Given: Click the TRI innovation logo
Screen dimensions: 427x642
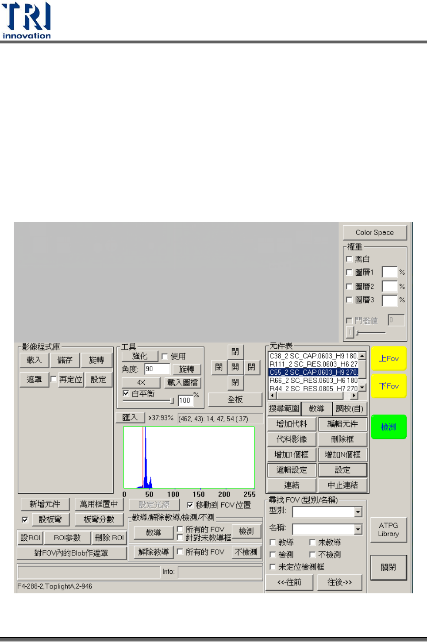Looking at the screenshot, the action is [27, 20].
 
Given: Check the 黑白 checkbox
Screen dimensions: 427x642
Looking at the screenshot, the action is [349, 259].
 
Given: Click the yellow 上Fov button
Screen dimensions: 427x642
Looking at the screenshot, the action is [389, 358].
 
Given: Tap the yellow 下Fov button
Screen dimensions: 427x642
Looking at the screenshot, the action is [389, 386].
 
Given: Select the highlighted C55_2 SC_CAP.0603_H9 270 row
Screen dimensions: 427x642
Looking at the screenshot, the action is [313, 372].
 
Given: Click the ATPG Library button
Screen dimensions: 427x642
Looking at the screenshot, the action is [388, 530].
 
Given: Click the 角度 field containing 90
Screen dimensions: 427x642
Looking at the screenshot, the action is [157, 369].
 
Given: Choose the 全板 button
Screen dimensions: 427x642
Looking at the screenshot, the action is [235, 400].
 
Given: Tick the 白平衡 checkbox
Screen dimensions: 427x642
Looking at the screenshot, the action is [126, 393].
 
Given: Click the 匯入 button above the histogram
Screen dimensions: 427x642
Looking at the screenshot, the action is [130, 417].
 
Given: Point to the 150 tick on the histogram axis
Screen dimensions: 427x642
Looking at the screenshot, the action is [199, 494].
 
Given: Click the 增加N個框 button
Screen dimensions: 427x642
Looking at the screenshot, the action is [342, 454].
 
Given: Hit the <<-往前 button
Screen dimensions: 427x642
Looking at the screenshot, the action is [289, 582].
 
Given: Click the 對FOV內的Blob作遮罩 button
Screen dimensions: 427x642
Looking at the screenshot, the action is [71, 553].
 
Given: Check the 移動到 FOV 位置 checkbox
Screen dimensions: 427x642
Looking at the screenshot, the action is [190, 505].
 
